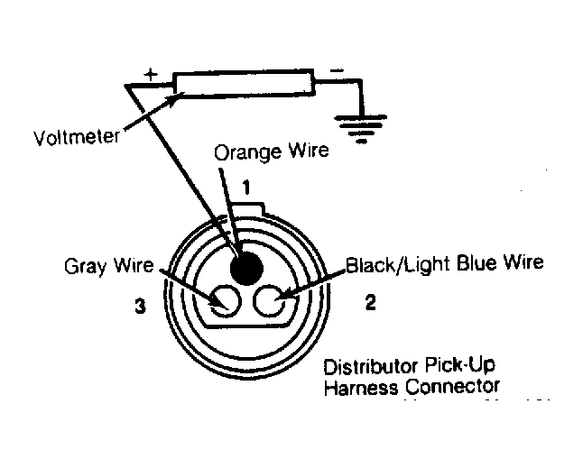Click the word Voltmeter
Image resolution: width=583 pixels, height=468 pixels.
(x=76, y=137)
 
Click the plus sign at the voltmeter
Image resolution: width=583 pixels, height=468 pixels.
(x=151, y=74)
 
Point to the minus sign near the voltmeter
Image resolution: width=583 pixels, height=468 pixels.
(x=337, y=70)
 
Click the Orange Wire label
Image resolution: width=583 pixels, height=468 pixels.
(x=272, y=151)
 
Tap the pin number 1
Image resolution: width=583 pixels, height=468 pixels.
(x=246, y=188)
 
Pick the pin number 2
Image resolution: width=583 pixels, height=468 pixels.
(x=371, y=302)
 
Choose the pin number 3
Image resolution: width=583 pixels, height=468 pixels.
(x=140, y=306)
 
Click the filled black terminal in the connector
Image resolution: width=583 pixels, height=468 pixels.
(x=247, y=268)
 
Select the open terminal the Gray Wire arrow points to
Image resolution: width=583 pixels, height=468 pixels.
(x=226, y=301)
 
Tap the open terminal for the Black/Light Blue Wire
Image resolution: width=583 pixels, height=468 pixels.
(x=269, y=300)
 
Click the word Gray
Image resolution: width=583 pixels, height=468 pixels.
(x=85, y=266)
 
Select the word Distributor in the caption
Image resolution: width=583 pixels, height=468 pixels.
(x=370, y=367)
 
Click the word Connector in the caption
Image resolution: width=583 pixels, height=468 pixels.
(x=452, y=387)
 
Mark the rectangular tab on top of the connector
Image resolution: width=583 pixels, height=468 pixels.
(x=248, y=208)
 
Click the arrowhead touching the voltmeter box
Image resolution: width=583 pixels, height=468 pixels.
(x=175, y=97)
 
